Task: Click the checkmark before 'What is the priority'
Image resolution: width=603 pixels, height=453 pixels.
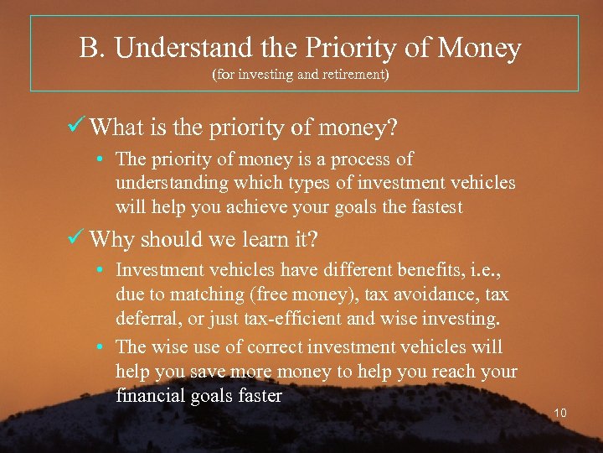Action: coord(77,127)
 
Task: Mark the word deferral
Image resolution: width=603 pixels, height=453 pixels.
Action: coord(145,320)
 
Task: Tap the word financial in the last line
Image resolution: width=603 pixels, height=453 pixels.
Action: coord(151,396)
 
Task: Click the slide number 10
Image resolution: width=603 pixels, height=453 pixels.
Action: coord(560,413)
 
